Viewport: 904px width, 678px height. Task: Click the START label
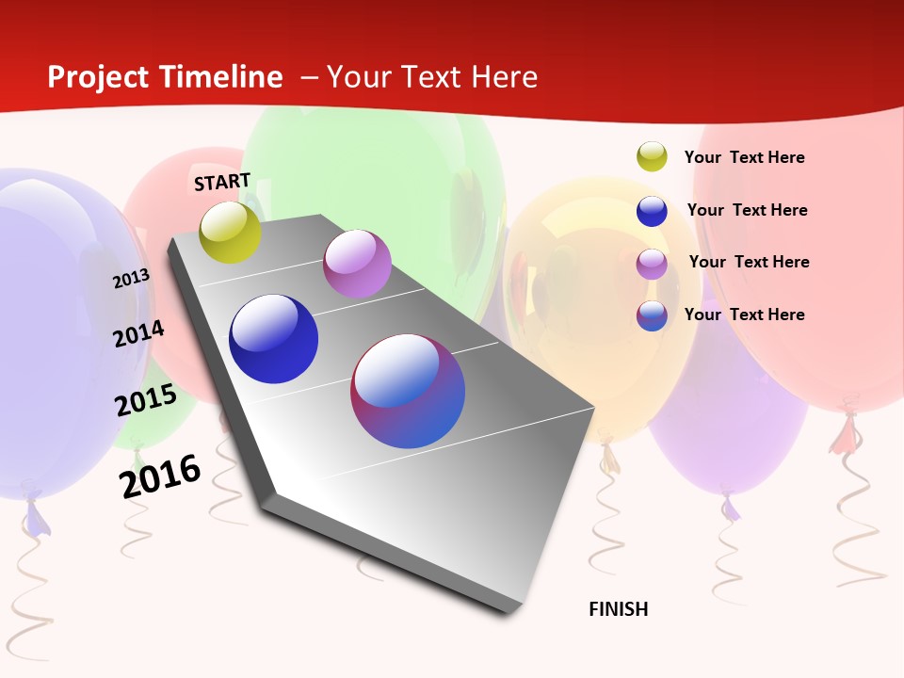pyautogui.click(x=222, y=182)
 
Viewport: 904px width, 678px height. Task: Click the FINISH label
pyautogui.click(x=619, y=609)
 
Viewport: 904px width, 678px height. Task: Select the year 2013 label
pyautogui.click(x=131, y=279)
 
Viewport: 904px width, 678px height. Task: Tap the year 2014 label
pyautogui.click(x=138, y=333)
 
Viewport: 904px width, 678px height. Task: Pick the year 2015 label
pyautogui.click(x=146, y=400)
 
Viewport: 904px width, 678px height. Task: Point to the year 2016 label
pyautogui.click(x=160, y=476)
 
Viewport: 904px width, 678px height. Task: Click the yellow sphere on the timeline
pyautogui.click(x=231, y=233)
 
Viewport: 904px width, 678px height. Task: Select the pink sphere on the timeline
pyautogui.click(x=357, y=264)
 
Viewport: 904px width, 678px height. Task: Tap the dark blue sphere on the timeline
pyautogui.click(x=273, y=339)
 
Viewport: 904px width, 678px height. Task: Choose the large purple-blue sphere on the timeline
pyautogui.click(x=408, y=391)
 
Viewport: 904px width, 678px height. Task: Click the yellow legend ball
pyautogui.click(x=652, y=157)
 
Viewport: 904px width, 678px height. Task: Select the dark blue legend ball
pyautogui.click(x=652, y=211)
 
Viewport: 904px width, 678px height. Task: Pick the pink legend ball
pyautogui.click(x=652, y=264)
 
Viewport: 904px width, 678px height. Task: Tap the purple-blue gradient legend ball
pyautogui.click(x=652, y=315)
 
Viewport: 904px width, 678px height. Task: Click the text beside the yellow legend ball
pyautogui.click(x=744, y=157)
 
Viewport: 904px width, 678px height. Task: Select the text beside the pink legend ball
pyautogui.click(x=749, y=262)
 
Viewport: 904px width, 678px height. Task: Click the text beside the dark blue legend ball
pyautogui.click(x=747, y=210)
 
